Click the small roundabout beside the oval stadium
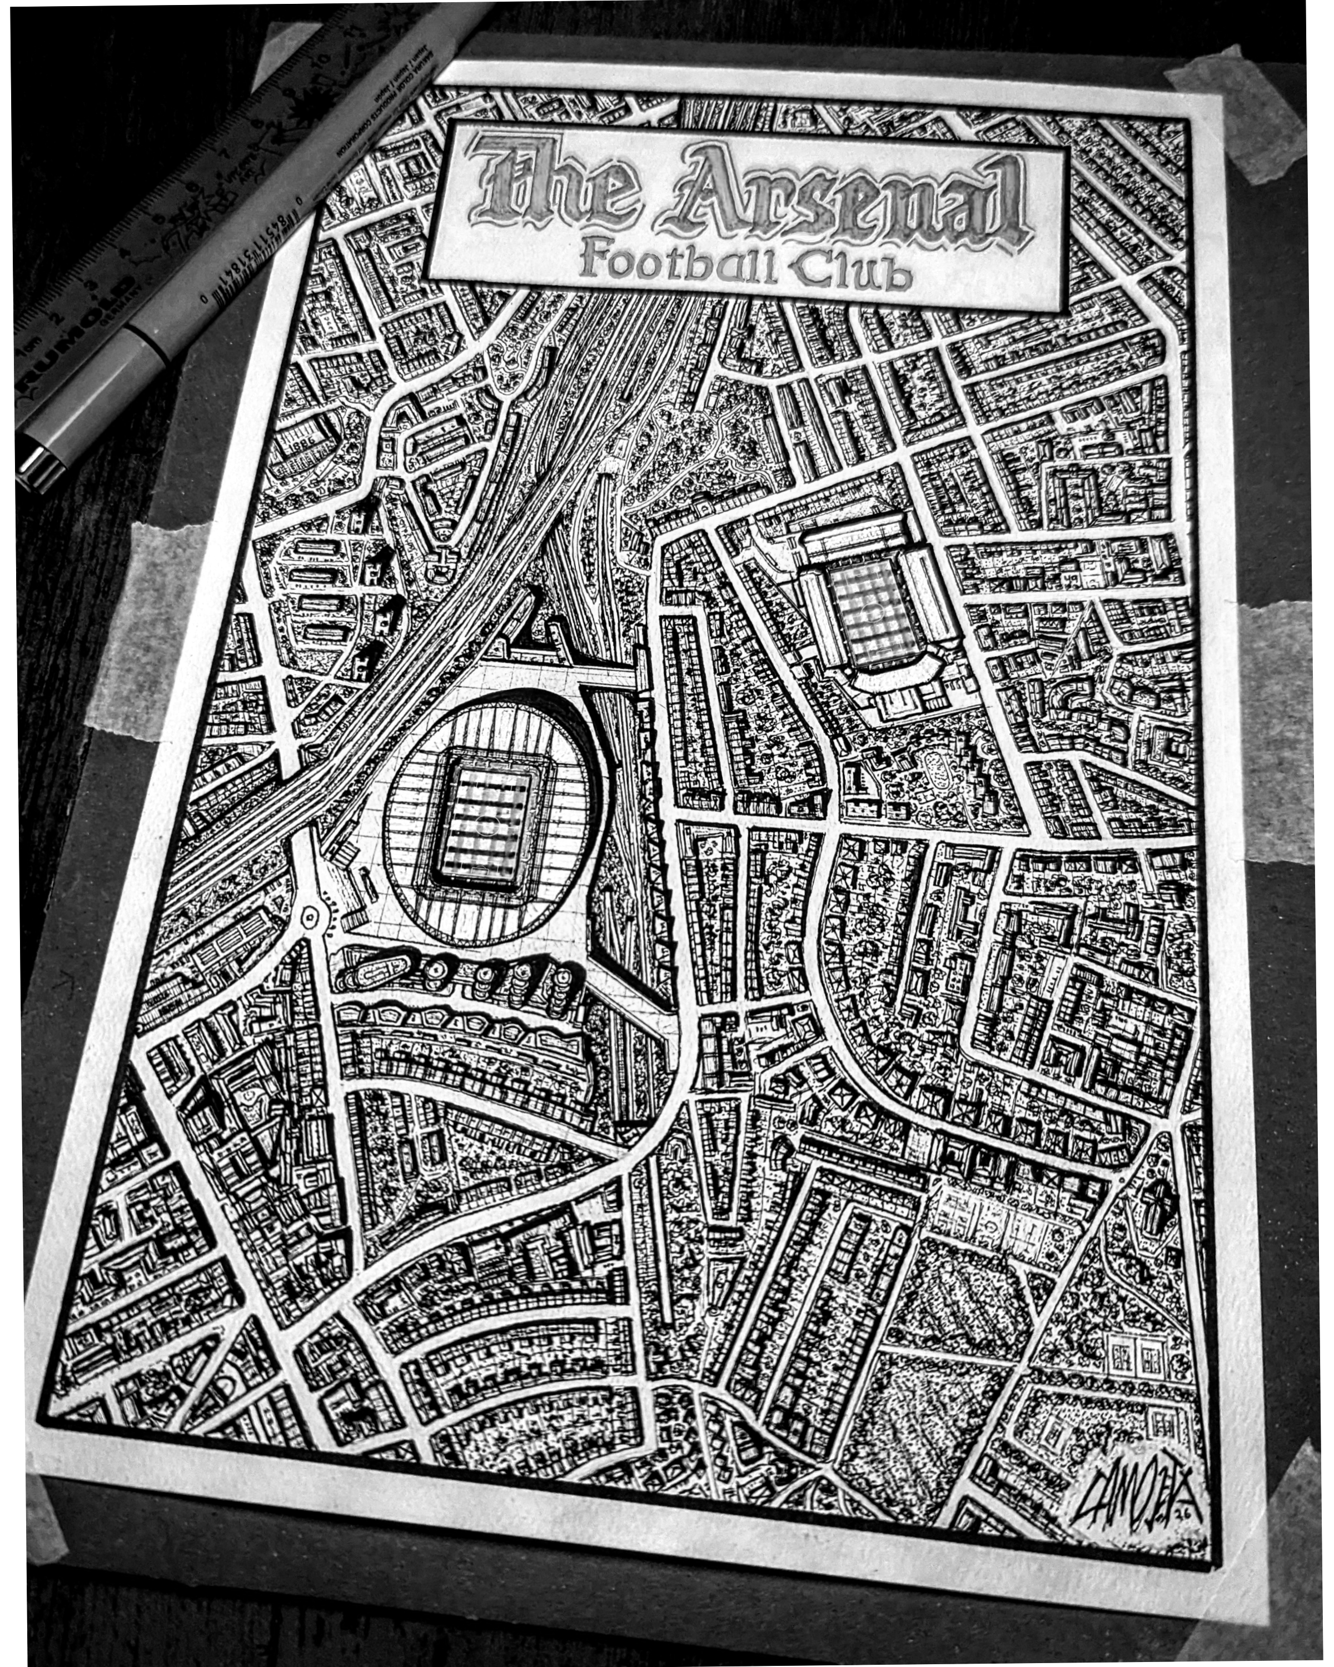311,918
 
